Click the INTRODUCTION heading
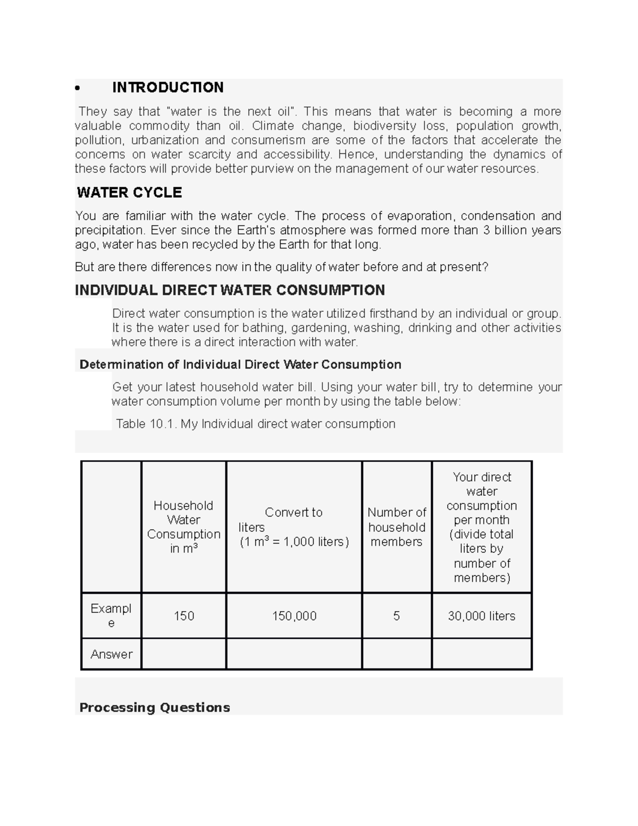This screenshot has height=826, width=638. (x=167, y=87)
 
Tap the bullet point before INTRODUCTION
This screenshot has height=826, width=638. (x=78, y=88)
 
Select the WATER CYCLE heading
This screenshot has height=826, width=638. (x=129, y=193)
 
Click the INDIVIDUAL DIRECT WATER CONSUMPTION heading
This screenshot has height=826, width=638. (x=230, y=290)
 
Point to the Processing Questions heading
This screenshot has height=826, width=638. (x=154, y=707)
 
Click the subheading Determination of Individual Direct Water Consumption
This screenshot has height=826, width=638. (x=240, y=364)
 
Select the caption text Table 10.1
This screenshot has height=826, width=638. (x=146, y=424)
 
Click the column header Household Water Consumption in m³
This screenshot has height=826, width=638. (x=183, y=527)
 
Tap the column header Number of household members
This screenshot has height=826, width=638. (x=397, y=527)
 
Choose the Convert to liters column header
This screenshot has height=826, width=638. (x=293, y=527)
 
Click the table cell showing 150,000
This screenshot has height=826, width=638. (x=294, y=616)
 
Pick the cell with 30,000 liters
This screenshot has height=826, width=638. (x=482, y=616)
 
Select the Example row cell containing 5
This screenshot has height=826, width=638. (x=397, y=616)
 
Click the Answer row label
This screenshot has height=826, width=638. (x=111, y=654)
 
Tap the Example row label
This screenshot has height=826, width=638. (x=111, y=615)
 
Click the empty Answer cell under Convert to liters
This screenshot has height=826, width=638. (x=294, y=654)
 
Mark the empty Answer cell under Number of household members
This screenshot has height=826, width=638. (x=397, y=654)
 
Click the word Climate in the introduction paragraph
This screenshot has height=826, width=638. (x=273, y=126)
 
